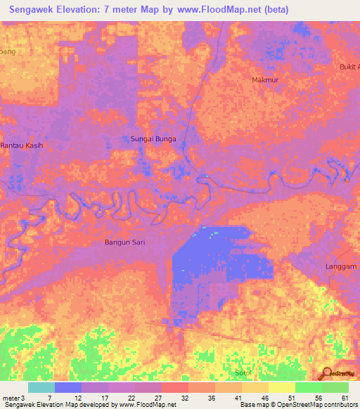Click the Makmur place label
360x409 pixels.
click(265, 80)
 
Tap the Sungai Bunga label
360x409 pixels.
click(153, 139)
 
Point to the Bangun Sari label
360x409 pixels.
click(124, 242)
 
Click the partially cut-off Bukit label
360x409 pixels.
click(348, 67)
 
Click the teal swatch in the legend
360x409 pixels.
click(41, 387)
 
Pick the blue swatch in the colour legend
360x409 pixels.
click(67, 387)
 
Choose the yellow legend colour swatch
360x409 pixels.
click(281, 387)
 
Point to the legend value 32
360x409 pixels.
click(184, 398)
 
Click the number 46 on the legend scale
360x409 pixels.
click(264, 398)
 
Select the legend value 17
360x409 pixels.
click(104, 398)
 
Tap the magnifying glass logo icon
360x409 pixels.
click(325, 374)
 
